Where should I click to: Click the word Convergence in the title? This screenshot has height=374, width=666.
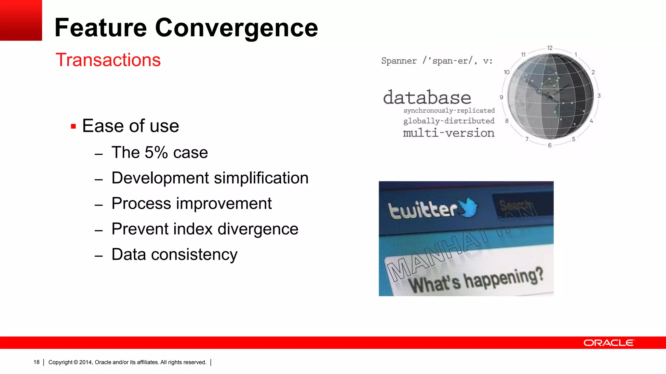click(236, 28)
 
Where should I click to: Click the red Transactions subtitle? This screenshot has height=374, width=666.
click(108, 60)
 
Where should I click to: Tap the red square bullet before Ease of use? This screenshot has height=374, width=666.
click(73, 127)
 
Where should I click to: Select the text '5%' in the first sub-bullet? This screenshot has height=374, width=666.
click(156, 153)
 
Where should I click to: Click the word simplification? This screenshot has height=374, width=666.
click(261, 178)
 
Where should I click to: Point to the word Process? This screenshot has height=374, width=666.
click(141, 204)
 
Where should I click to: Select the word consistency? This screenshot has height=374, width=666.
click(194, 254)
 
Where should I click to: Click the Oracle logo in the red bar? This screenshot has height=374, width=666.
click(608, 343)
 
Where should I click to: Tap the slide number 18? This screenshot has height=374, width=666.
click(36, 362)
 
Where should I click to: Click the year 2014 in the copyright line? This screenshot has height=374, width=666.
click(86, 362)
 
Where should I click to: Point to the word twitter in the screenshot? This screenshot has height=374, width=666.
click(423, 209)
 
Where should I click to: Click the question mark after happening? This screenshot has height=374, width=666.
click(539, 274)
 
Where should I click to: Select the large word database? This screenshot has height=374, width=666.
click(427, 97)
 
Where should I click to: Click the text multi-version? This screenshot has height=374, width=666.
click(448, 133)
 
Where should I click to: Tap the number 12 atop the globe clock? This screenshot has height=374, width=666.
click(550, 48)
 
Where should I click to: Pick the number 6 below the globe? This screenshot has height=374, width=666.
click(550, 145)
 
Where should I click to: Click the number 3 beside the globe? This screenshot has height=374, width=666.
click(599, 96)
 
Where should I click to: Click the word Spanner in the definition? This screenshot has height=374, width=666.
click(399, 61)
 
